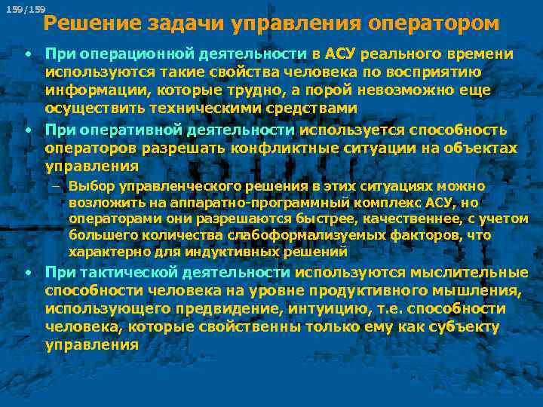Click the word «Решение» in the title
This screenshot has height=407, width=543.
coord(79,23)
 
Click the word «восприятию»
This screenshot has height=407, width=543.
coord(445,72)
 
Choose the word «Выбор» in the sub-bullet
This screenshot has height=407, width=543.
coord(89,185)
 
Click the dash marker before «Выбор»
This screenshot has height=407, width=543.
coord(57,185)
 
